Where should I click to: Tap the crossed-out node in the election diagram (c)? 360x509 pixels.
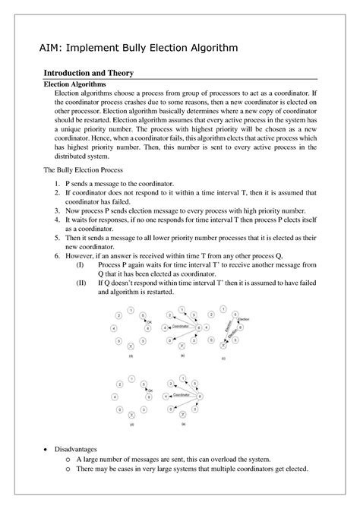223,344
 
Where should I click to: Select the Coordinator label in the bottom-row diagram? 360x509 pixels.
182,395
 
